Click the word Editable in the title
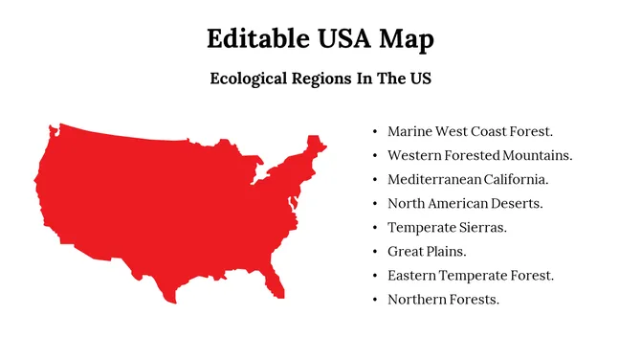[x=252, y=39]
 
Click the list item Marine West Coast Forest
[x=470, y=130]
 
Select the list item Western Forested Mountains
[x=479, y=154]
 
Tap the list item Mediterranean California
[x=467, y=179]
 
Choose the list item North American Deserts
[x=465, y=203]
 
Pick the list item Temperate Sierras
[x=447, y=227]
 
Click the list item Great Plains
[x=427, y=251]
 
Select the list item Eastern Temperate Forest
[x=471, y=276]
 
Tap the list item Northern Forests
[x=443, y=300]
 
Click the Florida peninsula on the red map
[x=277, y=280]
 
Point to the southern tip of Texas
[x=171, y=299]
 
